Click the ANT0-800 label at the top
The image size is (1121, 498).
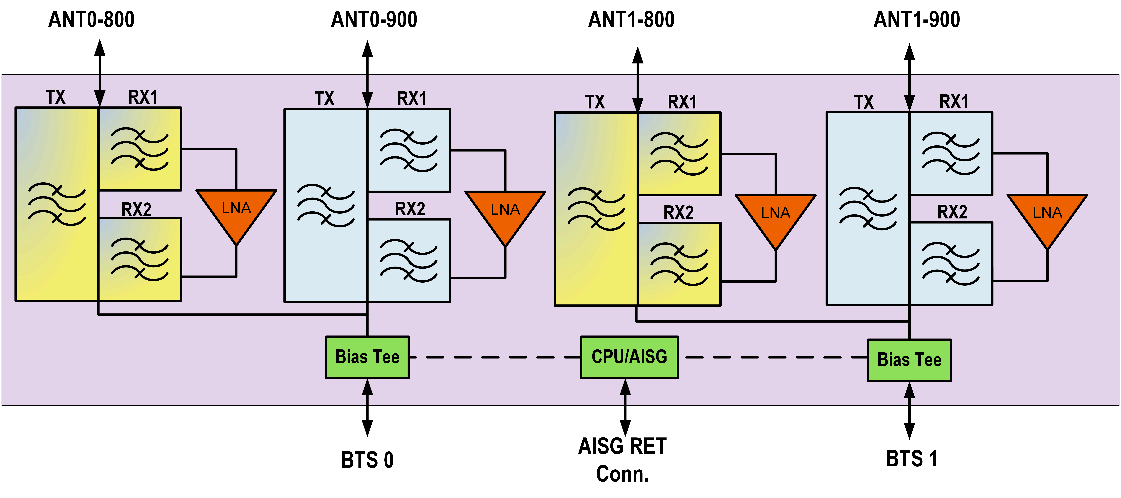(x=91, y=20)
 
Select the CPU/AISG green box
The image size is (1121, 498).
(x=629, y=357)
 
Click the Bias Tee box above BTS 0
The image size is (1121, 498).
(x=367, y=357)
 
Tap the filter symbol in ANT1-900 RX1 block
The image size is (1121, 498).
(x=951, y=153)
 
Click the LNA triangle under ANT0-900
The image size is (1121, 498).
(x=505, y=213)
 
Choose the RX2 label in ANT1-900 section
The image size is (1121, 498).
(x=952, y=212)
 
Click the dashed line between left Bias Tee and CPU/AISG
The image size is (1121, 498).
(x=494, y=357)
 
